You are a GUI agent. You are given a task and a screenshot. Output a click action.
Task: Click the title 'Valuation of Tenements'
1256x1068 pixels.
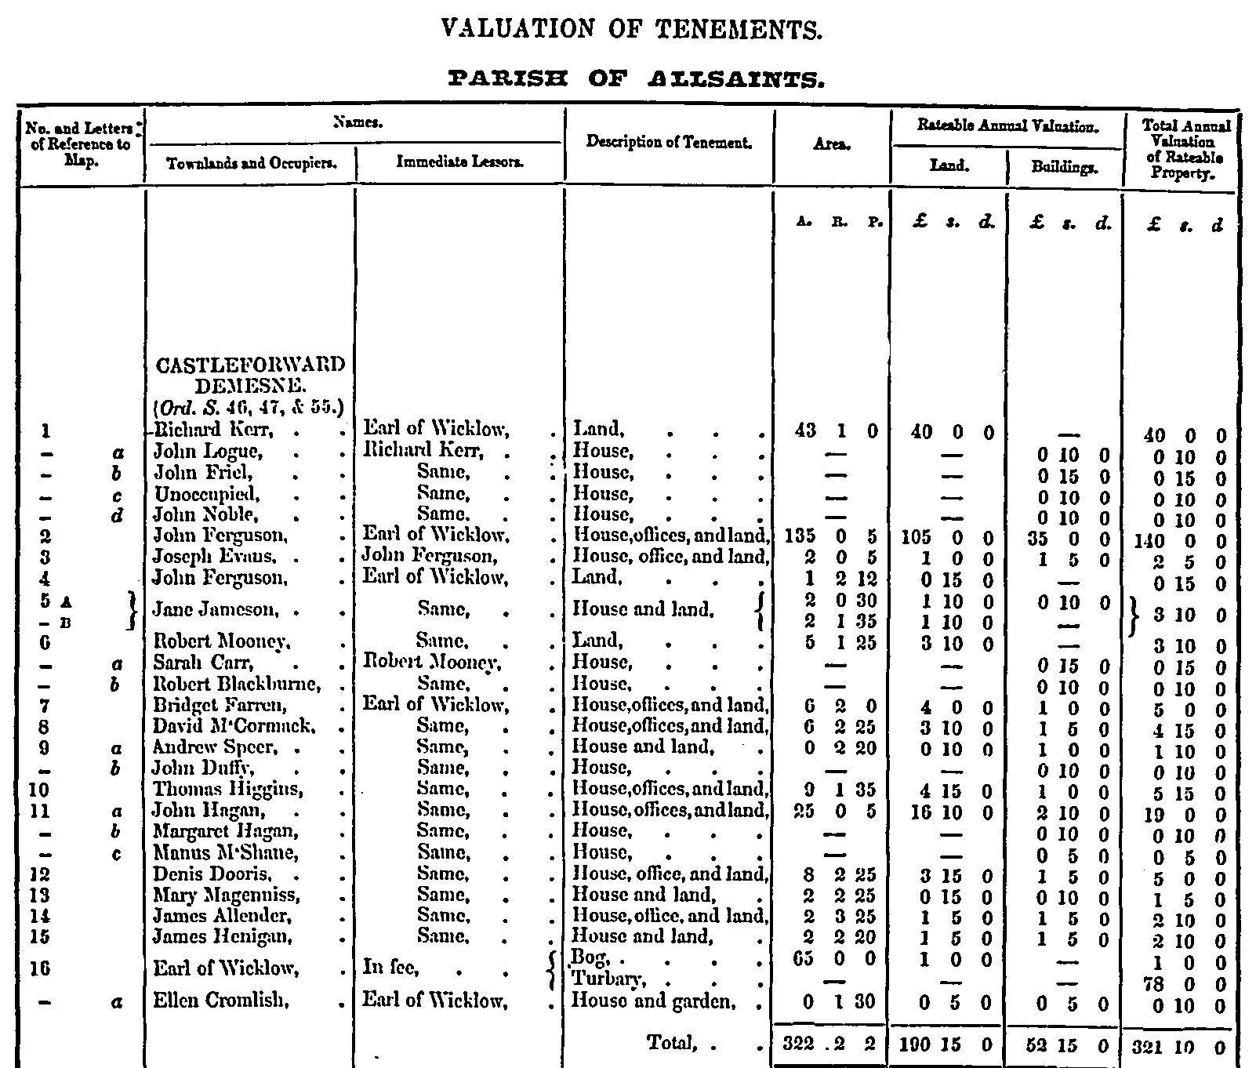631,30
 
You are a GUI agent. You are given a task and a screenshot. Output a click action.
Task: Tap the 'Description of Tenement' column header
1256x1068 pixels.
669,143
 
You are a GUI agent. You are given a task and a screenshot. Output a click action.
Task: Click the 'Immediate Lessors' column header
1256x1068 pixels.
459,162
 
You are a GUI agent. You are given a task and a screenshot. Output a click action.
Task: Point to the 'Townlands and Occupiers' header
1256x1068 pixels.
250,163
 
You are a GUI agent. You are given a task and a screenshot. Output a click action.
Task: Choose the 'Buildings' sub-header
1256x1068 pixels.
1064,167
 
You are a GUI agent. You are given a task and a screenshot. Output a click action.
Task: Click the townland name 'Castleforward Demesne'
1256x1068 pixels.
250,375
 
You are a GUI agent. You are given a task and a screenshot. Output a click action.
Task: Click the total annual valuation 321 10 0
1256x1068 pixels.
1178,1045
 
